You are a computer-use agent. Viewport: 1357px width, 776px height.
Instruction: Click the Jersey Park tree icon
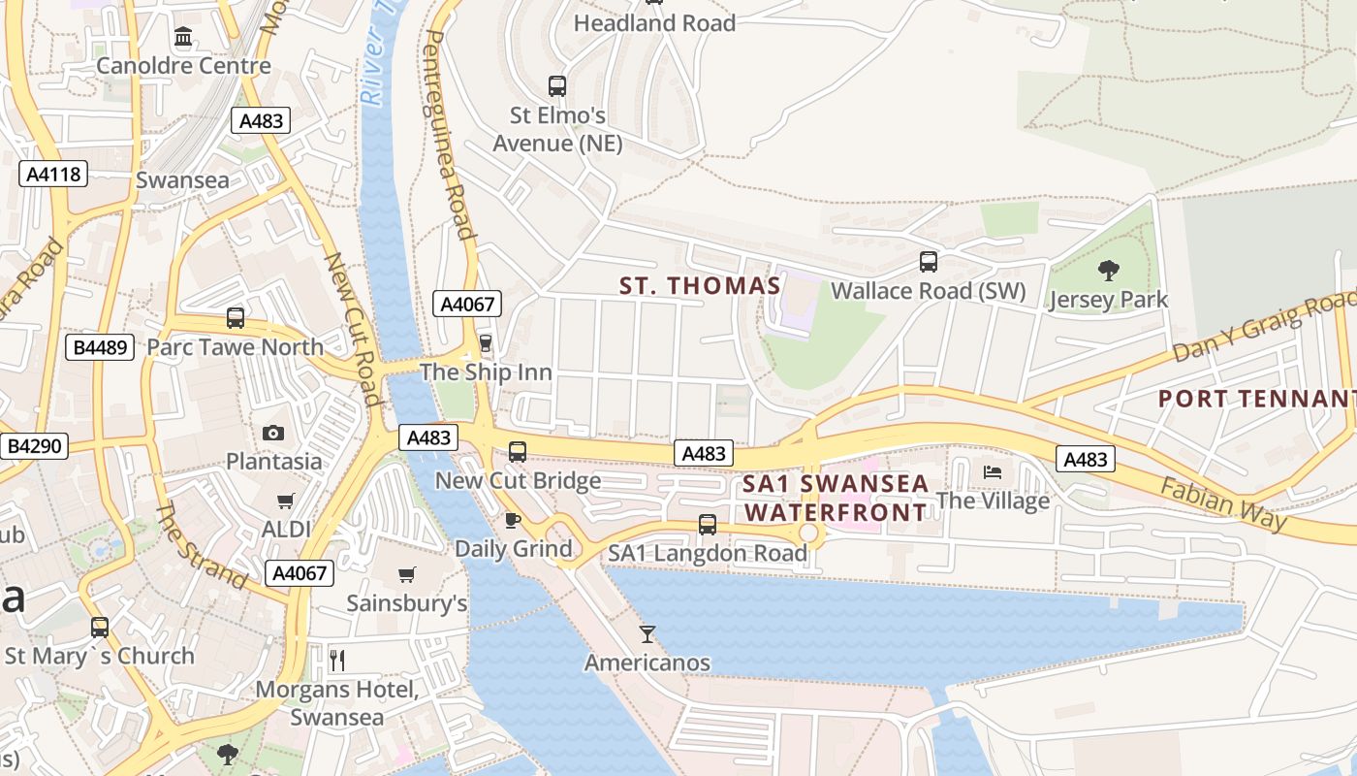coord(1109,271)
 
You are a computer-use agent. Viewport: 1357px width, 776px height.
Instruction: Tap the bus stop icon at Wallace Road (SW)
coord(928,261)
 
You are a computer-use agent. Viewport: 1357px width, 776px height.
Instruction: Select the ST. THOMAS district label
coord(700,285)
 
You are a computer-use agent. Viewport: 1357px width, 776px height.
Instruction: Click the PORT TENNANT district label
coord(1256,398)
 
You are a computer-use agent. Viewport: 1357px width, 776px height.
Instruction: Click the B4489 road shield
coord(100,346)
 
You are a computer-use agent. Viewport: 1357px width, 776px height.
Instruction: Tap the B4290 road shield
coord(34,446)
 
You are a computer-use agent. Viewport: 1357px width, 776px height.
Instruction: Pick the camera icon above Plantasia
coord(273,433)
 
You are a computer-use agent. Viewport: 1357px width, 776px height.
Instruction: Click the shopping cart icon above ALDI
coord(285,501)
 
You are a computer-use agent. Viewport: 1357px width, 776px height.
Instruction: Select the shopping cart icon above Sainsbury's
coord(407,574)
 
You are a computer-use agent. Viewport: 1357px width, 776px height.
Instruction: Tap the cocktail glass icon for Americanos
coord(647,634)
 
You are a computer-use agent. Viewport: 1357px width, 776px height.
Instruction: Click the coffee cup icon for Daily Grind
coord(513,521)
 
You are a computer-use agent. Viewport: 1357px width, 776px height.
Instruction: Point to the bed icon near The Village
coord(993,472)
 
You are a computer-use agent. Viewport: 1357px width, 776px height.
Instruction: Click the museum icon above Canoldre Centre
coord(183,37)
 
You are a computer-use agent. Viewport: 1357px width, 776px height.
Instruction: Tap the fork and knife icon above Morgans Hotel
coord(336,661)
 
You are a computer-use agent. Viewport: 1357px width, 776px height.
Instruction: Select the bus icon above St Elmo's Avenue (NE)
coord(556,85)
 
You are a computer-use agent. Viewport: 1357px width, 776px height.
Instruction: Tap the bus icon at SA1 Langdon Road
coord(707,525)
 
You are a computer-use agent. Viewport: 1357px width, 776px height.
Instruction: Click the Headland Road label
coord(654,22)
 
